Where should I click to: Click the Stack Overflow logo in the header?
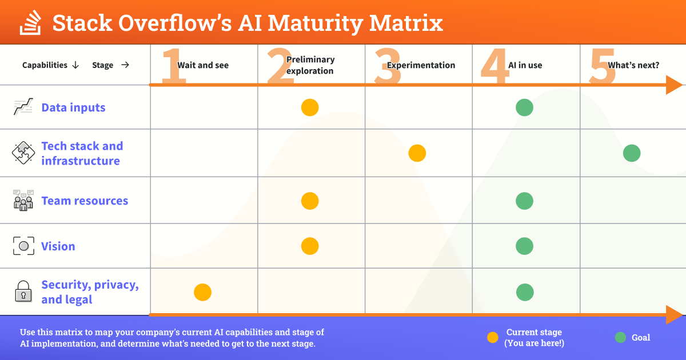tap(30, 23)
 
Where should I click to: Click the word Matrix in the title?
tap(406, 23)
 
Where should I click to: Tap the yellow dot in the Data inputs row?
tap(310, 107)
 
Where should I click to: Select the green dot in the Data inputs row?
tap(525, 107)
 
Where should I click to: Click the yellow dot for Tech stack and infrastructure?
tap(417, 153)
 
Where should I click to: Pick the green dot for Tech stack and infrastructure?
tap(632, 153)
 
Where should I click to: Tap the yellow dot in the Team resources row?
tap(310, 201)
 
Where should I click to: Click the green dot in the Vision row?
tap(525, 246)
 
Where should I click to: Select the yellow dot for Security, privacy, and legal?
tap(203, 293)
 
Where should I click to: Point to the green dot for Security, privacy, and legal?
tap(525, 293)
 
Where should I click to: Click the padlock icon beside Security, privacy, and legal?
tap(23, 292)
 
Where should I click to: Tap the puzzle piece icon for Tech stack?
tap(23, 153)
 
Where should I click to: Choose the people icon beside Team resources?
tap(23, 201)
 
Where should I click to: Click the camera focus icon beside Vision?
tap(23, 246)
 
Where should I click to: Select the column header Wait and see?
tap(203, 65)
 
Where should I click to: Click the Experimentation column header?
tap(421, 65)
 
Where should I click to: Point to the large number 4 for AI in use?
tap(494, 66)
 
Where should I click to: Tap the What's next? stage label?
tap(633, 65)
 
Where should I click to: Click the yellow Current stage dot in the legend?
tap(493, 338)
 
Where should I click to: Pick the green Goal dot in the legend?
tap(620, 338)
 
